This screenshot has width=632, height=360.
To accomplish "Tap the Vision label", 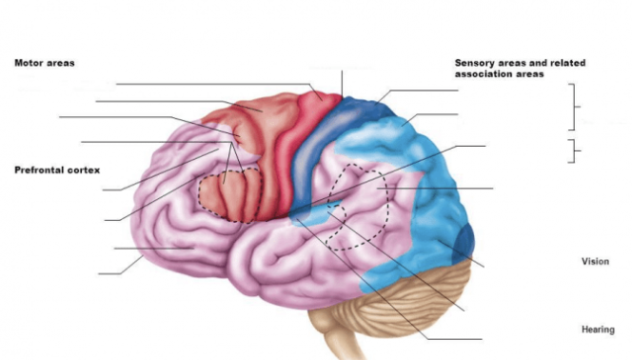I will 596,260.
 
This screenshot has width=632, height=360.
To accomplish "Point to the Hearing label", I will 597,330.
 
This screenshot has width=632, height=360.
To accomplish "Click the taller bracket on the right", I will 574,107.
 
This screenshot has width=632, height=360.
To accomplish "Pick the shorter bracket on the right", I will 573,150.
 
